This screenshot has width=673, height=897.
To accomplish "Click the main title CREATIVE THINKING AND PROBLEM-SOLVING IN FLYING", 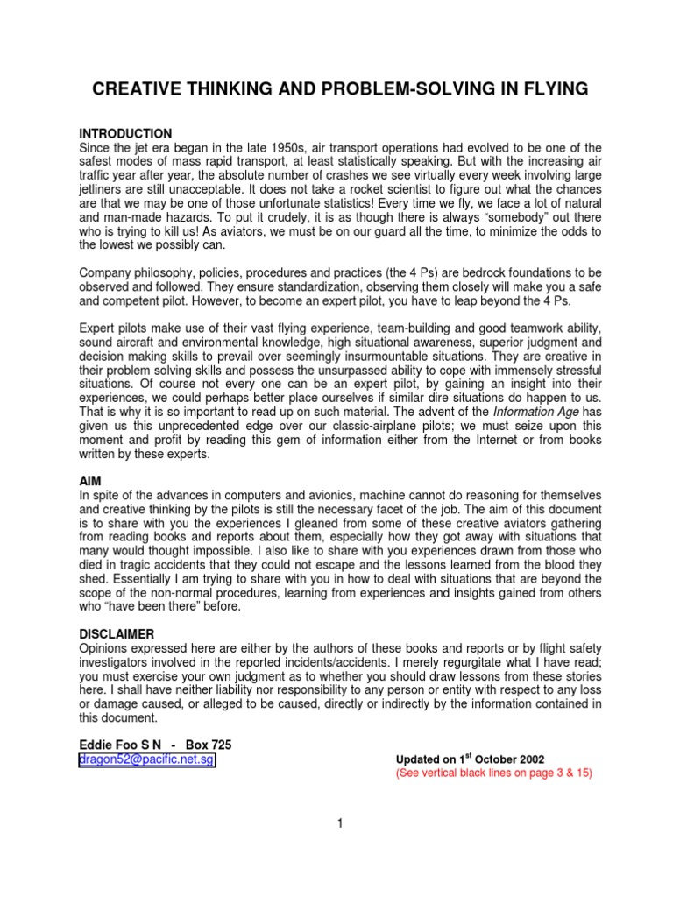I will pos(336,89).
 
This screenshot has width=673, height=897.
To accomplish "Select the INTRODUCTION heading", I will pos(127,134).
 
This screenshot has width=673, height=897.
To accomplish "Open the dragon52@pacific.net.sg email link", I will pos(147,760).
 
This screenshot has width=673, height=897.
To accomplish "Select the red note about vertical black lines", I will pos(494,774).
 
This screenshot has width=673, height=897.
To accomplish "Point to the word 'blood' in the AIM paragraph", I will pos(551,565).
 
